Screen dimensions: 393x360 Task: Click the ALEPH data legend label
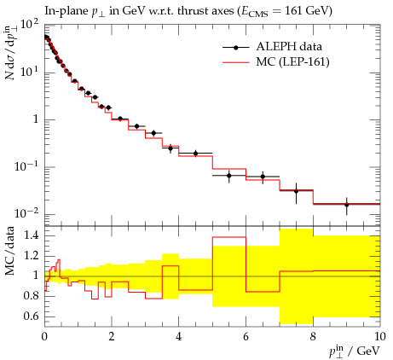[x=289, y=46]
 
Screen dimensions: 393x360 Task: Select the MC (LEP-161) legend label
[x=292, y=61]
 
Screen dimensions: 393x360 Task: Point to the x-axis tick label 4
[x=178, y=336]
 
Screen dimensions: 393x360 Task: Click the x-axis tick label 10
[x=379, y=336]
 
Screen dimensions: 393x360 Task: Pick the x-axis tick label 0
[x=44, y=336]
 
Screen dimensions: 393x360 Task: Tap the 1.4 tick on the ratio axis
[x=32, y=235]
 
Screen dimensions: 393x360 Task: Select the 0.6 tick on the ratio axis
[x=32, y=316]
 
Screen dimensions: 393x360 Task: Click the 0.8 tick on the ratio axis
[x=32, y=296]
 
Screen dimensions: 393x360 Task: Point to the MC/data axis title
[x=10, y=251]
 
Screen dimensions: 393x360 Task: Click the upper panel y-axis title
[x=10, y=53]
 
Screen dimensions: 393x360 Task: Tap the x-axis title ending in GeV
[x=355, y=351]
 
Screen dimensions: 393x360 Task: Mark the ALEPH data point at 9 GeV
[x=346, y=205]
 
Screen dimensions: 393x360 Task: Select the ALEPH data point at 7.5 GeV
[x=296, y=191]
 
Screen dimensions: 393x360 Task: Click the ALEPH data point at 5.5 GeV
[x=229, y=176]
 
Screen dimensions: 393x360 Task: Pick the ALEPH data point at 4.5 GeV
[x=195, y=154]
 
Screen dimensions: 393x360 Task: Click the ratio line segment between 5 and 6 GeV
[x=229, y=237]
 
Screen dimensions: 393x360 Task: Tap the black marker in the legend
[x=235, y=48]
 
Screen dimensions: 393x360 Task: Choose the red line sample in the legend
[x=236, y=62]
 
